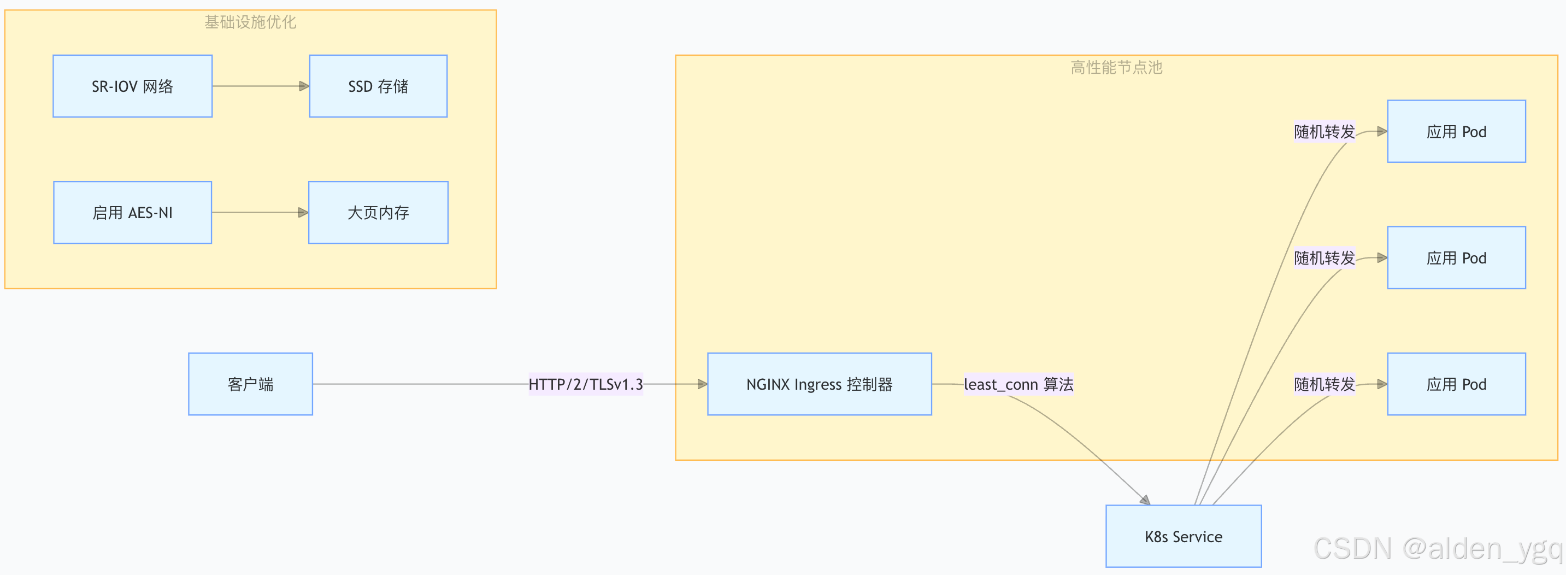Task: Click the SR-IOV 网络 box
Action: [133, 86]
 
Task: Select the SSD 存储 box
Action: [378, 86]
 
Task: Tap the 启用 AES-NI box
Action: [133, 213]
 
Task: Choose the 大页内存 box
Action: [378, 213]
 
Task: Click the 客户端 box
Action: [250, 384]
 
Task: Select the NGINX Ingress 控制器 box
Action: [820, 384]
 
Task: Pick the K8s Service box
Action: [1183, 536]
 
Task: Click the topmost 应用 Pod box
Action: [1456, 131]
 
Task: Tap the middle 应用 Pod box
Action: [1456, 258]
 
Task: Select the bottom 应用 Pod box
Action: [1456, 384]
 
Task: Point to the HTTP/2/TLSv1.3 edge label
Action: [585, 384]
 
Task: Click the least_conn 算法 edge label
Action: [1019, 384]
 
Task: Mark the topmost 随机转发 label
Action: [1324, 131]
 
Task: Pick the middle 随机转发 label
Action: [1324, 258]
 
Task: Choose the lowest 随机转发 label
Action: [1324, 384]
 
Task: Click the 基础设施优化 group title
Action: [250, 22]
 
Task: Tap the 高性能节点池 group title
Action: [1116, 67]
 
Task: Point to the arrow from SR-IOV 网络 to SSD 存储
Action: [261, 86]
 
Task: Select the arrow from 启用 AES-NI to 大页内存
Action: [260, 213]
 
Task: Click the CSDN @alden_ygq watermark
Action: [1437, 548]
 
